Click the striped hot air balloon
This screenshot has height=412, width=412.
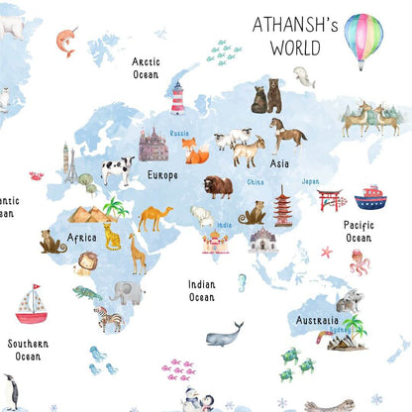tap(362, 38)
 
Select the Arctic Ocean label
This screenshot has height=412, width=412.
tap(146, 67)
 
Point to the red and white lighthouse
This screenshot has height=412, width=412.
tap(178, 98)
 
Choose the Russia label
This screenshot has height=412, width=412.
tap(179, 133)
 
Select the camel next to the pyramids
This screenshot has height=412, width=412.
tap(154, 217)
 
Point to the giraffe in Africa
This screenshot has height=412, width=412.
tap(137, 253)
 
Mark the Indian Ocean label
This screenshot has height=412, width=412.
tap(201, 290)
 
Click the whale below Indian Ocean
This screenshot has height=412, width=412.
tap(225, 334)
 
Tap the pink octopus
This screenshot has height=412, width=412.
tap(360, 264)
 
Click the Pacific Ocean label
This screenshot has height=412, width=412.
tap(358, 232)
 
